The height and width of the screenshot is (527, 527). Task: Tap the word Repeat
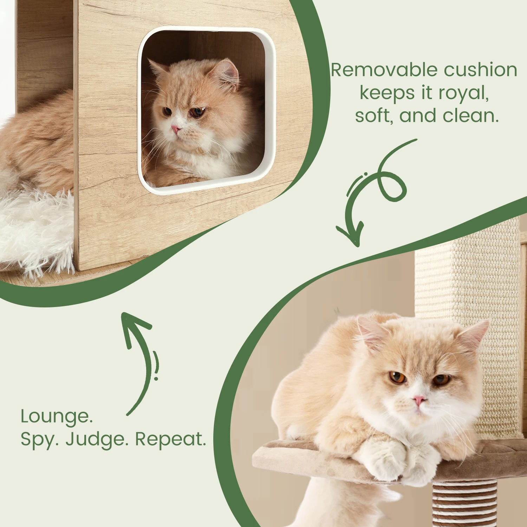point(170,439)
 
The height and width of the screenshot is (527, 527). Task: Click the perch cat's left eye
point(441,379)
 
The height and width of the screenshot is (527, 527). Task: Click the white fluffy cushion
point(35,228)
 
